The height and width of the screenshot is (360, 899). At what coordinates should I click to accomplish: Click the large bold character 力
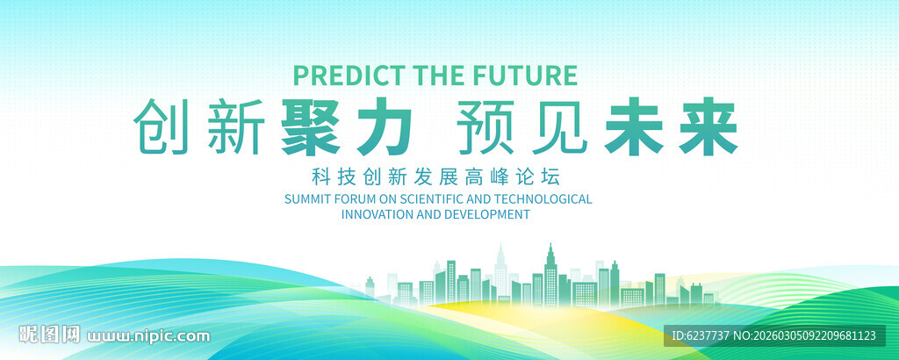click(x=385, y=126)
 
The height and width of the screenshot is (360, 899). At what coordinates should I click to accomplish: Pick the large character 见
click(x=559, y=126)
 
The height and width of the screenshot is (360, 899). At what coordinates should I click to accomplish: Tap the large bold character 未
click(x=633, y=126)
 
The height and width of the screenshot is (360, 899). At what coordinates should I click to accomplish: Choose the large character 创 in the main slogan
click(x=161, y=126)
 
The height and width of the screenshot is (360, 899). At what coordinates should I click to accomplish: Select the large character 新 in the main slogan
click(x=234, y=126)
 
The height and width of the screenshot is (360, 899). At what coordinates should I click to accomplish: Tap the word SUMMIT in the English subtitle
click(x=305, y=199)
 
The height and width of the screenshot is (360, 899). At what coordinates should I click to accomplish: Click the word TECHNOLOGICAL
click(x=543, y=199)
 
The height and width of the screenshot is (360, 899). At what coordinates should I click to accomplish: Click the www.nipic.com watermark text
click(x=148, y=335)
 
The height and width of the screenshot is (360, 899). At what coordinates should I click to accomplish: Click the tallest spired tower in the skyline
click(x=550, y=275)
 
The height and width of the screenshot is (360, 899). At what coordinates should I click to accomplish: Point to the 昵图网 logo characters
click(x=49, y=335)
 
